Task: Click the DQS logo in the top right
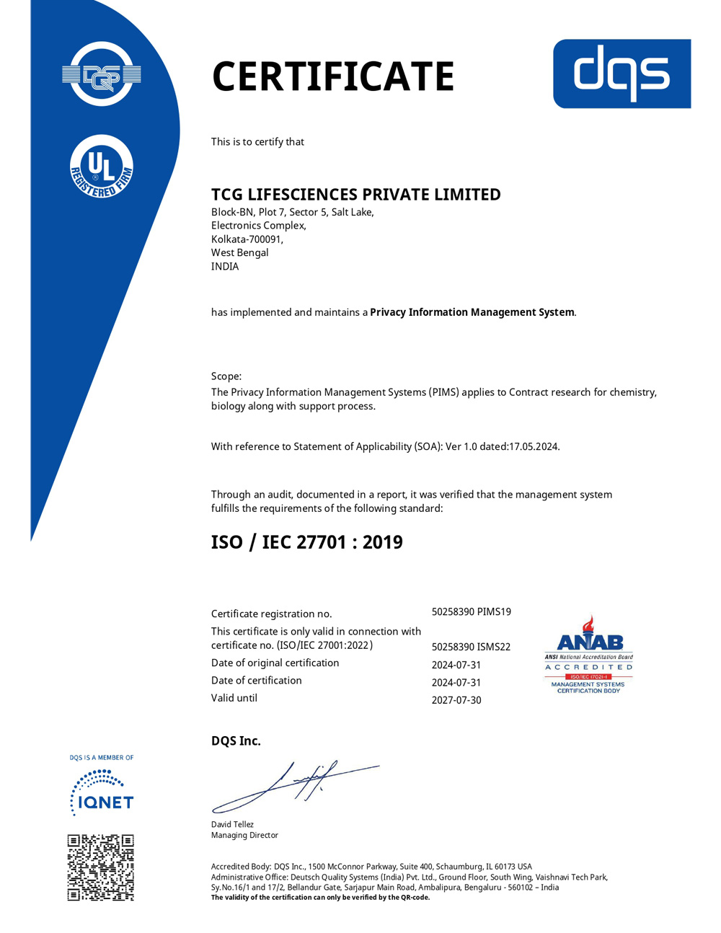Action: (x=622, y=74)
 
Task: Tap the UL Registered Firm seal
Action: (x=102, y=167)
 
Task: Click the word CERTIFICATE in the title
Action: (x=333, y=76)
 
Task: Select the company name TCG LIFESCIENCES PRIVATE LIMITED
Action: (x=355, y=195)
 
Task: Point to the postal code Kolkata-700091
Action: (x=247, y=239)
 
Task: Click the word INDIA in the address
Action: (x=225, y=266)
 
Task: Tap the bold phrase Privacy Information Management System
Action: (x=472, y=312)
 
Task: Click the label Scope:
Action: (x=226, y=376)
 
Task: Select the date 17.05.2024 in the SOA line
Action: (x=534, y=446)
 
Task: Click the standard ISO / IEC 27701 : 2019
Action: (x=306, y=542)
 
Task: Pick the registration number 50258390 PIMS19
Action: (x=472, y=611)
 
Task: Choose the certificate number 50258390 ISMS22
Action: (x=471, y=647)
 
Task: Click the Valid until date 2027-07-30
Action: (x=456, y=700)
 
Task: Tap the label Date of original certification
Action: (x=275, y=663)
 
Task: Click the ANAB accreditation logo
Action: (x=588, y=655)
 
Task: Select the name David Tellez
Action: (x=232, y=824)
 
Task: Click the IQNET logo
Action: (x=102, y=793)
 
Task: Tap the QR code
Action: (x=101, y=867)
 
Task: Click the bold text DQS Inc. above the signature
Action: (x=236, y=740)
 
